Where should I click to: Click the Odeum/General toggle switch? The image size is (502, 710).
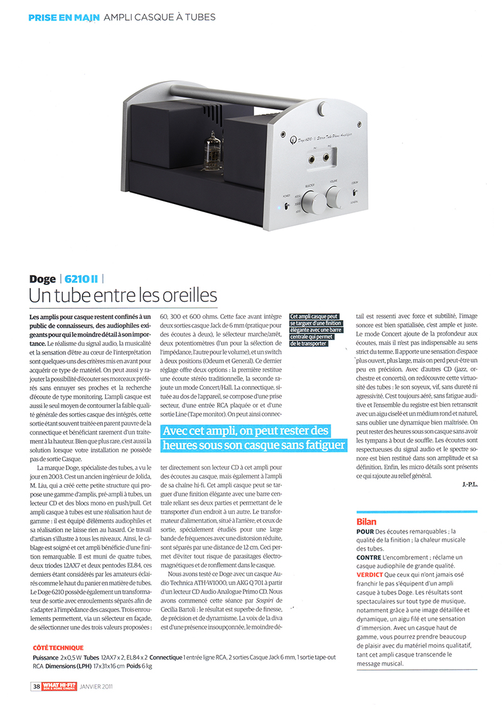tap(355, 194)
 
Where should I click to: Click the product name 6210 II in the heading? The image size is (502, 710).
tap(79, 279)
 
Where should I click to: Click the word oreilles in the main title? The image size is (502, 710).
tap(188, 294)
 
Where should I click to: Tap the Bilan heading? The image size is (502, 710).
tap(366, 520)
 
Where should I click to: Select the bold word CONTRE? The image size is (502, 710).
tap(369, 557)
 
